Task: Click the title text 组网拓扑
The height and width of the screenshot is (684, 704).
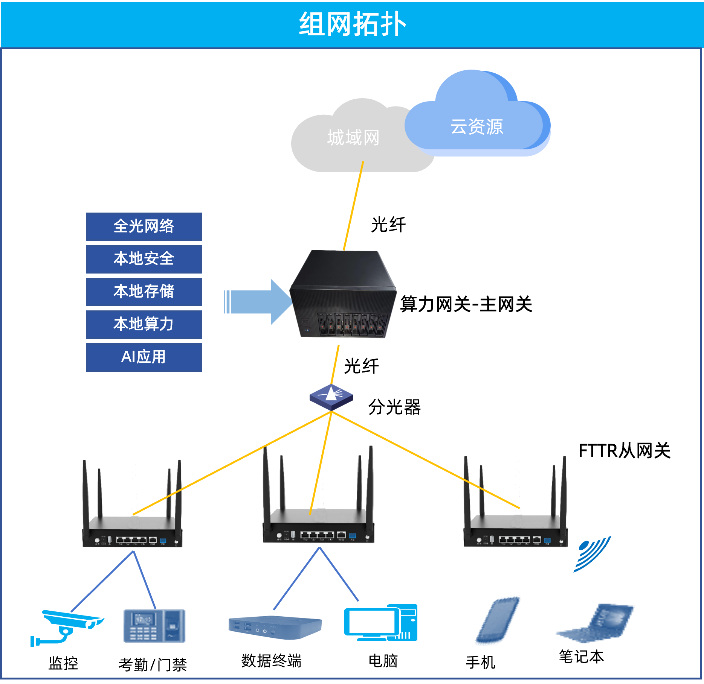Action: [352, 24]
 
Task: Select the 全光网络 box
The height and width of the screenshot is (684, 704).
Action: [144, 226]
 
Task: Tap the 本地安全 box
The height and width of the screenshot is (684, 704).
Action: [144, 259]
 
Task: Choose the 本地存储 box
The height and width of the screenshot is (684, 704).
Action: [144, 292]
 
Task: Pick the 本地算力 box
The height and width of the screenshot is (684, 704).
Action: [144, 324]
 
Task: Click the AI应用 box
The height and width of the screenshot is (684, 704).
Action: [144, 357]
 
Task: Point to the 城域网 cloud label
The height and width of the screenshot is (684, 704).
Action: [353, 138]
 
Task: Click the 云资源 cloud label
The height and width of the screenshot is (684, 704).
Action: [476, 127]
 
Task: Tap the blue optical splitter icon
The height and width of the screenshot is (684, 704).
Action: [331, 397]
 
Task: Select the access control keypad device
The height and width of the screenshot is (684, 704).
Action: [154, 626]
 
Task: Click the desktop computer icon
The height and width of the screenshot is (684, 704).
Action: [380, 623]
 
